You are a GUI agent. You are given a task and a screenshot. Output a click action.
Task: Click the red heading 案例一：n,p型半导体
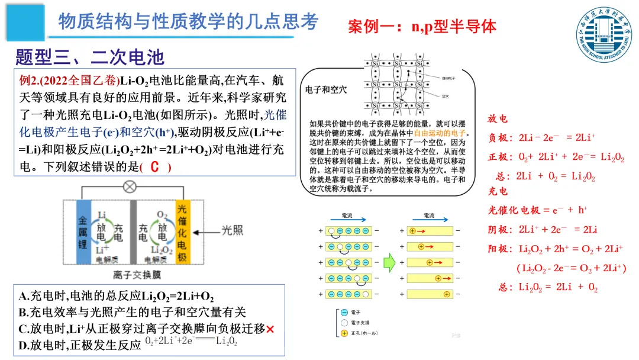click(x=422, y=26)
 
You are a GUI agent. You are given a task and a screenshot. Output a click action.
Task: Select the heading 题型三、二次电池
click(x=89, y=57)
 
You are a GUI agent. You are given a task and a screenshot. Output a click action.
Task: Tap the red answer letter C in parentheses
click(x=155, y=167)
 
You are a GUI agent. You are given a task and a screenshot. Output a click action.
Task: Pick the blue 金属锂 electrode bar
click(x=83, y=232)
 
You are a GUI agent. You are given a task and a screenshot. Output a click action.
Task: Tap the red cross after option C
click(x=270, y=329)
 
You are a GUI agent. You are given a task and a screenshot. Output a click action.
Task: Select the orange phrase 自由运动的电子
click(x=440, y=133)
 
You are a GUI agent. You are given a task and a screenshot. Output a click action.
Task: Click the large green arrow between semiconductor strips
click(x=389, y=261)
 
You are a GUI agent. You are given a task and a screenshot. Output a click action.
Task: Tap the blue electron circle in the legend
click(x=344, y=312)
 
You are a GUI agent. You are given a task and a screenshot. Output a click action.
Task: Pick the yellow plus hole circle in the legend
click(x=344, y=333)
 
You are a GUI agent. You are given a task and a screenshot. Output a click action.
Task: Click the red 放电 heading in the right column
click(x=498, y=119)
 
